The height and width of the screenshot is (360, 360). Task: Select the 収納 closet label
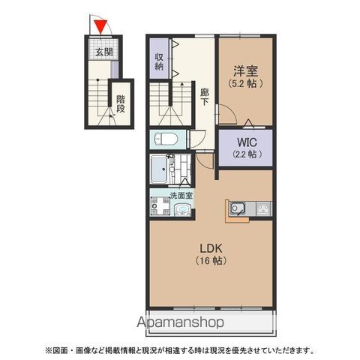click(160, 61)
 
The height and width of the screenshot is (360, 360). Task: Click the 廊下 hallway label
click(204, 98)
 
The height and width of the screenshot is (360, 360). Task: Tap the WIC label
click(245, 141)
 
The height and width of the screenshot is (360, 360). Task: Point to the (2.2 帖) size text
click(245, 154)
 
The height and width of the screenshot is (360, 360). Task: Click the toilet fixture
click(165, 139)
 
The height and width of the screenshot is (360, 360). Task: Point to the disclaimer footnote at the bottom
click(180, 349)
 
